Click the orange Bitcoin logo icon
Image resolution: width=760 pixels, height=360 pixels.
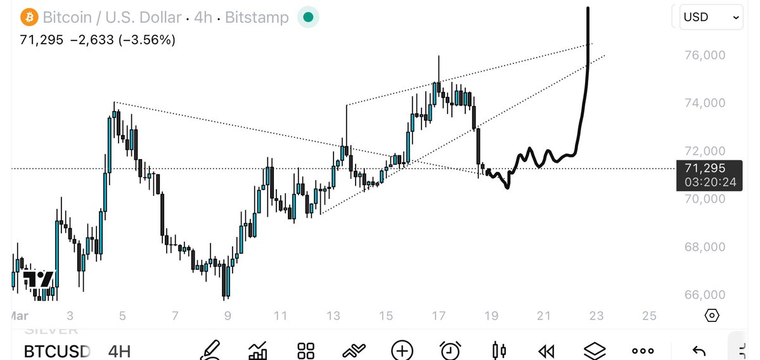[x=29, y=17]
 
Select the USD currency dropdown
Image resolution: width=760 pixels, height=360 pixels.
[x=710, y=18]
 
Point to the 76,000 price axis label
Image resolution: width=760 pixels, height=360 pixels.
[x=705, y=55]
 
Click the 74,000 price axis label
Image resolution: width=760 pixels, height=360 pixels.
[x=705, y=103]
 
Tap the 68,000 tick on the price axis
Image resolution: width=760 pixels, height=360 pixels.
[x=705, y=247]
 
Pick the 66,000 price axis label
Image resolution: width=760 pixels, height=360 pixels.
[x=705, y=295]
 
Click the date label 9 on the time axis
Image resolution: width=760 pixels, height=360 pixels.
[x=228, y=316]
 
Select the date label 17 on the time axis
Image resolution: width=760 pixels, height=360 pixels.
[x=438, y=316]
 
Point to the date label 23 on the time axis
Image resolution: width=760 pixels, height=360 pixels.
[x=596, y=316]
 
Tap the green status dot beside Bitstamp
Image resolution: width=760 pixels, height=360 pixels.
[x=308, y=17]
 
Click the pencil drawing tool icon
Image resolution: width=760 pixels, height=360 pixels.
[x=210, y=350]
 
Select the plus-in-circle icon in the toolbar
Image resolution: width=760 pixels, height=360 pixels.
[x=402, y=350]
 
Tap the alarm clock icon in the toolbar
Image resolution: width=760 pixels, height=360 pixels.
[x=451, y=350]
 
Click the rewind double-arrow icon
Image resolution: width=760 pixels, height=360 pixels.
[x=546, y=350]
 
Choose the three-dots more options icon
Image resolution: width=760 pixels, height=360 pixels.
[x=642, y=350]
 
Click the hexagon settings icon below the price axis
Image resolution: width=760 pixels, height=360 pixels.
[x=712, y=315]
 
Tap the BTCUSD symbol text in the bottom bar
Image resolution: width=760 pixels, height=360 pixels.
[x=57, y=350]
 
